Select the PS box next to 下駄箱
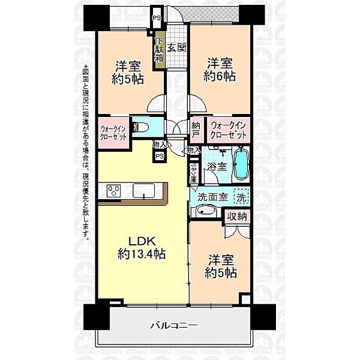(x=156, y=19)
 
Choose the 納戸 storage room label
(x=196, y=130)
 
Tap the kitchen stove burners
(x=114, y=191)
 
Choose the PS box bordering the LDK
(x=160, y=156)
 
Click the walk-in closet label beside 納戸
(x=228, y=131)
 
